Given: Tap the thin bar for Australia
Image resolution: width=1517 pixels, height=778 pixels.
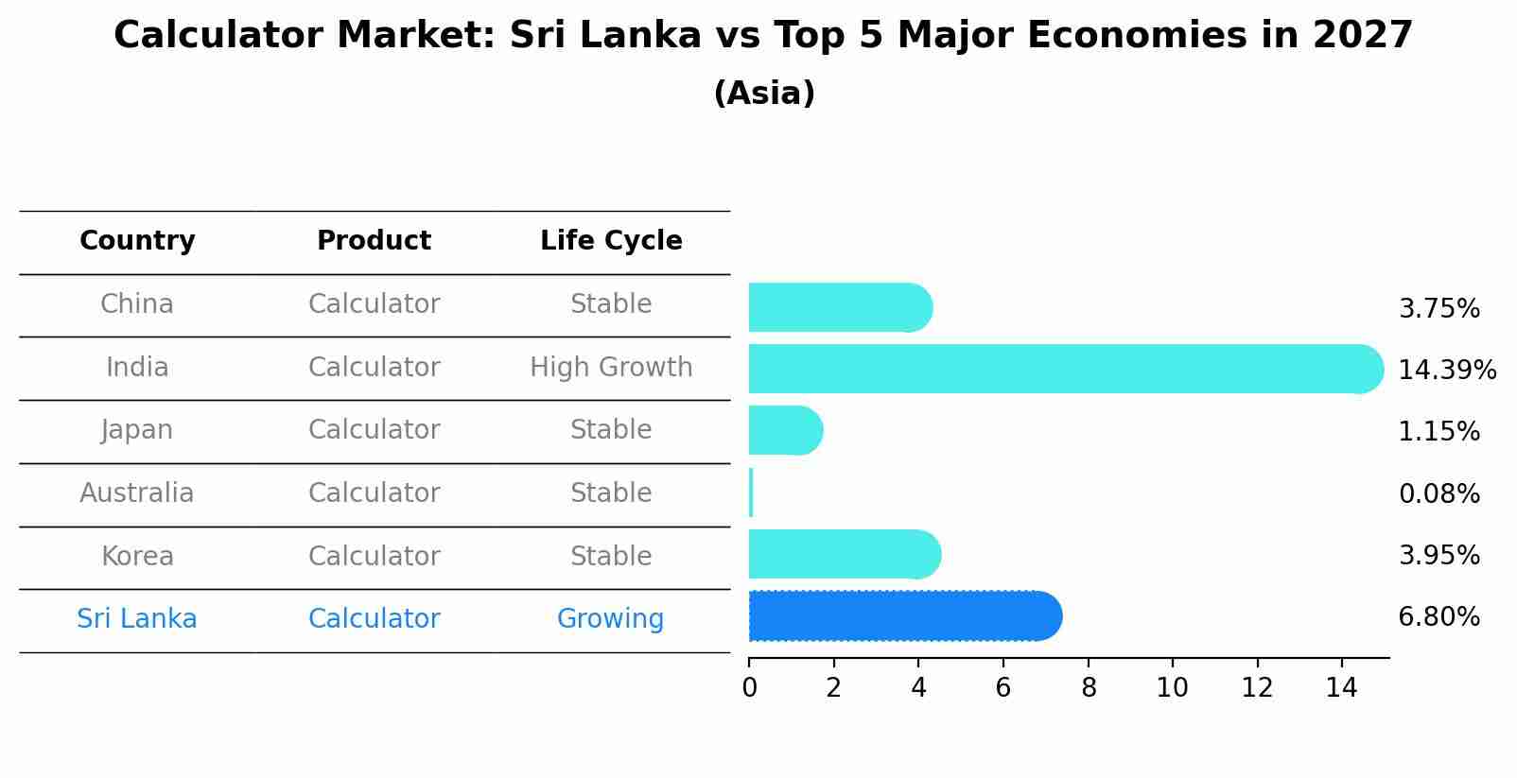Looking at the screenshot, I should tap(751, 493).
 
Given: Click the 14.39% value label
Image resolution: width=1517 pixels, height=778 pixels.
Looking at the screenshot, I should tap(1446, 370).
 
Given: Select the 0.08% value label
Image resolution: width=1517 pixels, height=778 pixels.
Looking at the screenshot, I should tap(1439, 493).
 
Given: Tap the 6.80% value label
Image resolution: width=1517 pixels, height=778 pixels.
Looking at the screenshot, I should tap(1439, 617).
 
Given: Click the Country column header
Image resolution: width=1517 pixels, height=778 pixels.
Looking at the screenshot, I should tap(137, 241).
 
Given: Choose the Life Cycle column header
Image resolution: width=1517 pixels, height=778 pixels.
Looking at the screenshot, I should tap(611, 241).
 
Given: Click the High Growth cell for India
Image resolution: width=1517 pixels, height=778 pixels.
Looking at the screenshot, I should tap(611, 367).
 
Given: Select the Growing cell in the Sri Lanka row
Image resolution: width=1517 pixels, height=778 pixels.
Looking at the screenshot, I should tap(610, 619).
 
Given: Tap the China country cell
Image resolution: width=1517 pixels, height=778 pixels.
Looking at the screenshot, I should tap(137, 304).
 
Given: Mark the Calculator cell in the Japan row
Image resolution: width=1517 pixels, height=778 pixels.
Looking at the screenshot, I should tap(374, 430).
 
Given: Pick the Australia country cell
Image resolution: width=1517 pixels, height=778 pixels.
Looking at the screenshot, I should tap(137, 493).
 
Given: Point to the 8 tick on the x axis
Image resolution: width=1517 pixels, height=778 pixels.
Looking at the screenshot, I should tap(1089, 687).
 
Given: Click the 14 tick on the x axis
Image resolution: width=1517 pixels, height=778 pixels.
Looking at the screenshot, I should tap(1341, 687).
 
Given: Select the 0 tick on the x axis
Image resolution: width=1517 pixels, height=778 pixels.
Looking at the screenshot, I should tap(749, 687).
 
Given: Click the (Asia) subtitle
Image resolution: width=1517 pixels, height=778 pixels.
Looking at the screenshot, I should tap(764, 94).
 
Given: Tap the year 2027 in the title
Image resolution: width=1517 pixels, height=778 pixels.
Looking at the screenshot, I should tap(1362, 36).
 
